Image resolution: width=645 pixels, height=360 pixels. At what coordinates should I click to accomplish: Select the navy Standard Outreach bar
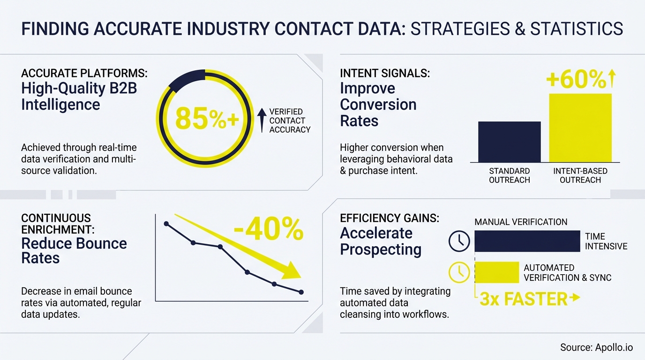(x=509, y=142)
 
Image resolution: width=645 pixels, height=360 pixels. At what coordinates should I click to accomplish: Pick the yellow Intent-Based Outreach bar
(x=580, y=127)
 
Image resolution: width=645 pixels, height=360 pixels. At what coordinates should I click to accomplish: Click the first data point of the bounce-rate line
(x=166, y=224)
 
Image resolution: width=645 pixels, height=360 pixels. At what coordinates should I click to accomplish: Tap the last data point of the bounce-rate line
(x=301, y=292)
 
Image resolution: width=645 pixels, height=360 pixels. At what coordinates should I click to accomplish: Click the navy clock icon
(x=459, y=241)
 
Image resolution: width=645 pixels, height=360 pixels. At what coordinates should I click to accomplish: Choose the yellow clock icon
(x=459, y=272)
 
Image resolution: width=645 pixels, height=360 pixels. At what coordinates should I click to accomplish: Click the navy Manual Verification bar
(x=527, y=241)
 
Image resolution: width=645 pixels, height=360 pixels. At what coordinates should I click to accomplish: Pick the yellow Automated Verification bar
(x=496, y=272)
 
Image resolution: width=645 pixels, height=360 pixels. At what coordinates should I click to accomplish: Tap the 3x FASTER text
(x=524, y=299)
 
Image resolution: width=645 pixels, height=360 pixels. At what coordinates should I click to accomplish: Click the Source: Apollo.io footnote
(x=596, y=347)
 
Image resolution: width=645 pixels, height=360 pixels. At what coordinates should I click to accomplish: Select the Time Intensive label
(x=606, y=241)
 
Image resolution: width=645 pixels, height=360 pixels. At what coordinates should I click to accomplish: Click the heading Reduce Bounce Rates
(x=74, y=250)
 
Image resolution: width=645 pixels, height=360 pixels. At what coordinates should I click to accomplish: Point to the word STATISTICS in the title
(x=577, y=29)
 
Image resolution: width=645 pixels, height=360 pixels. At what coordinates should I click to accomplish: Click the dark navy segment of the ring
(x=186, y=80)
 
